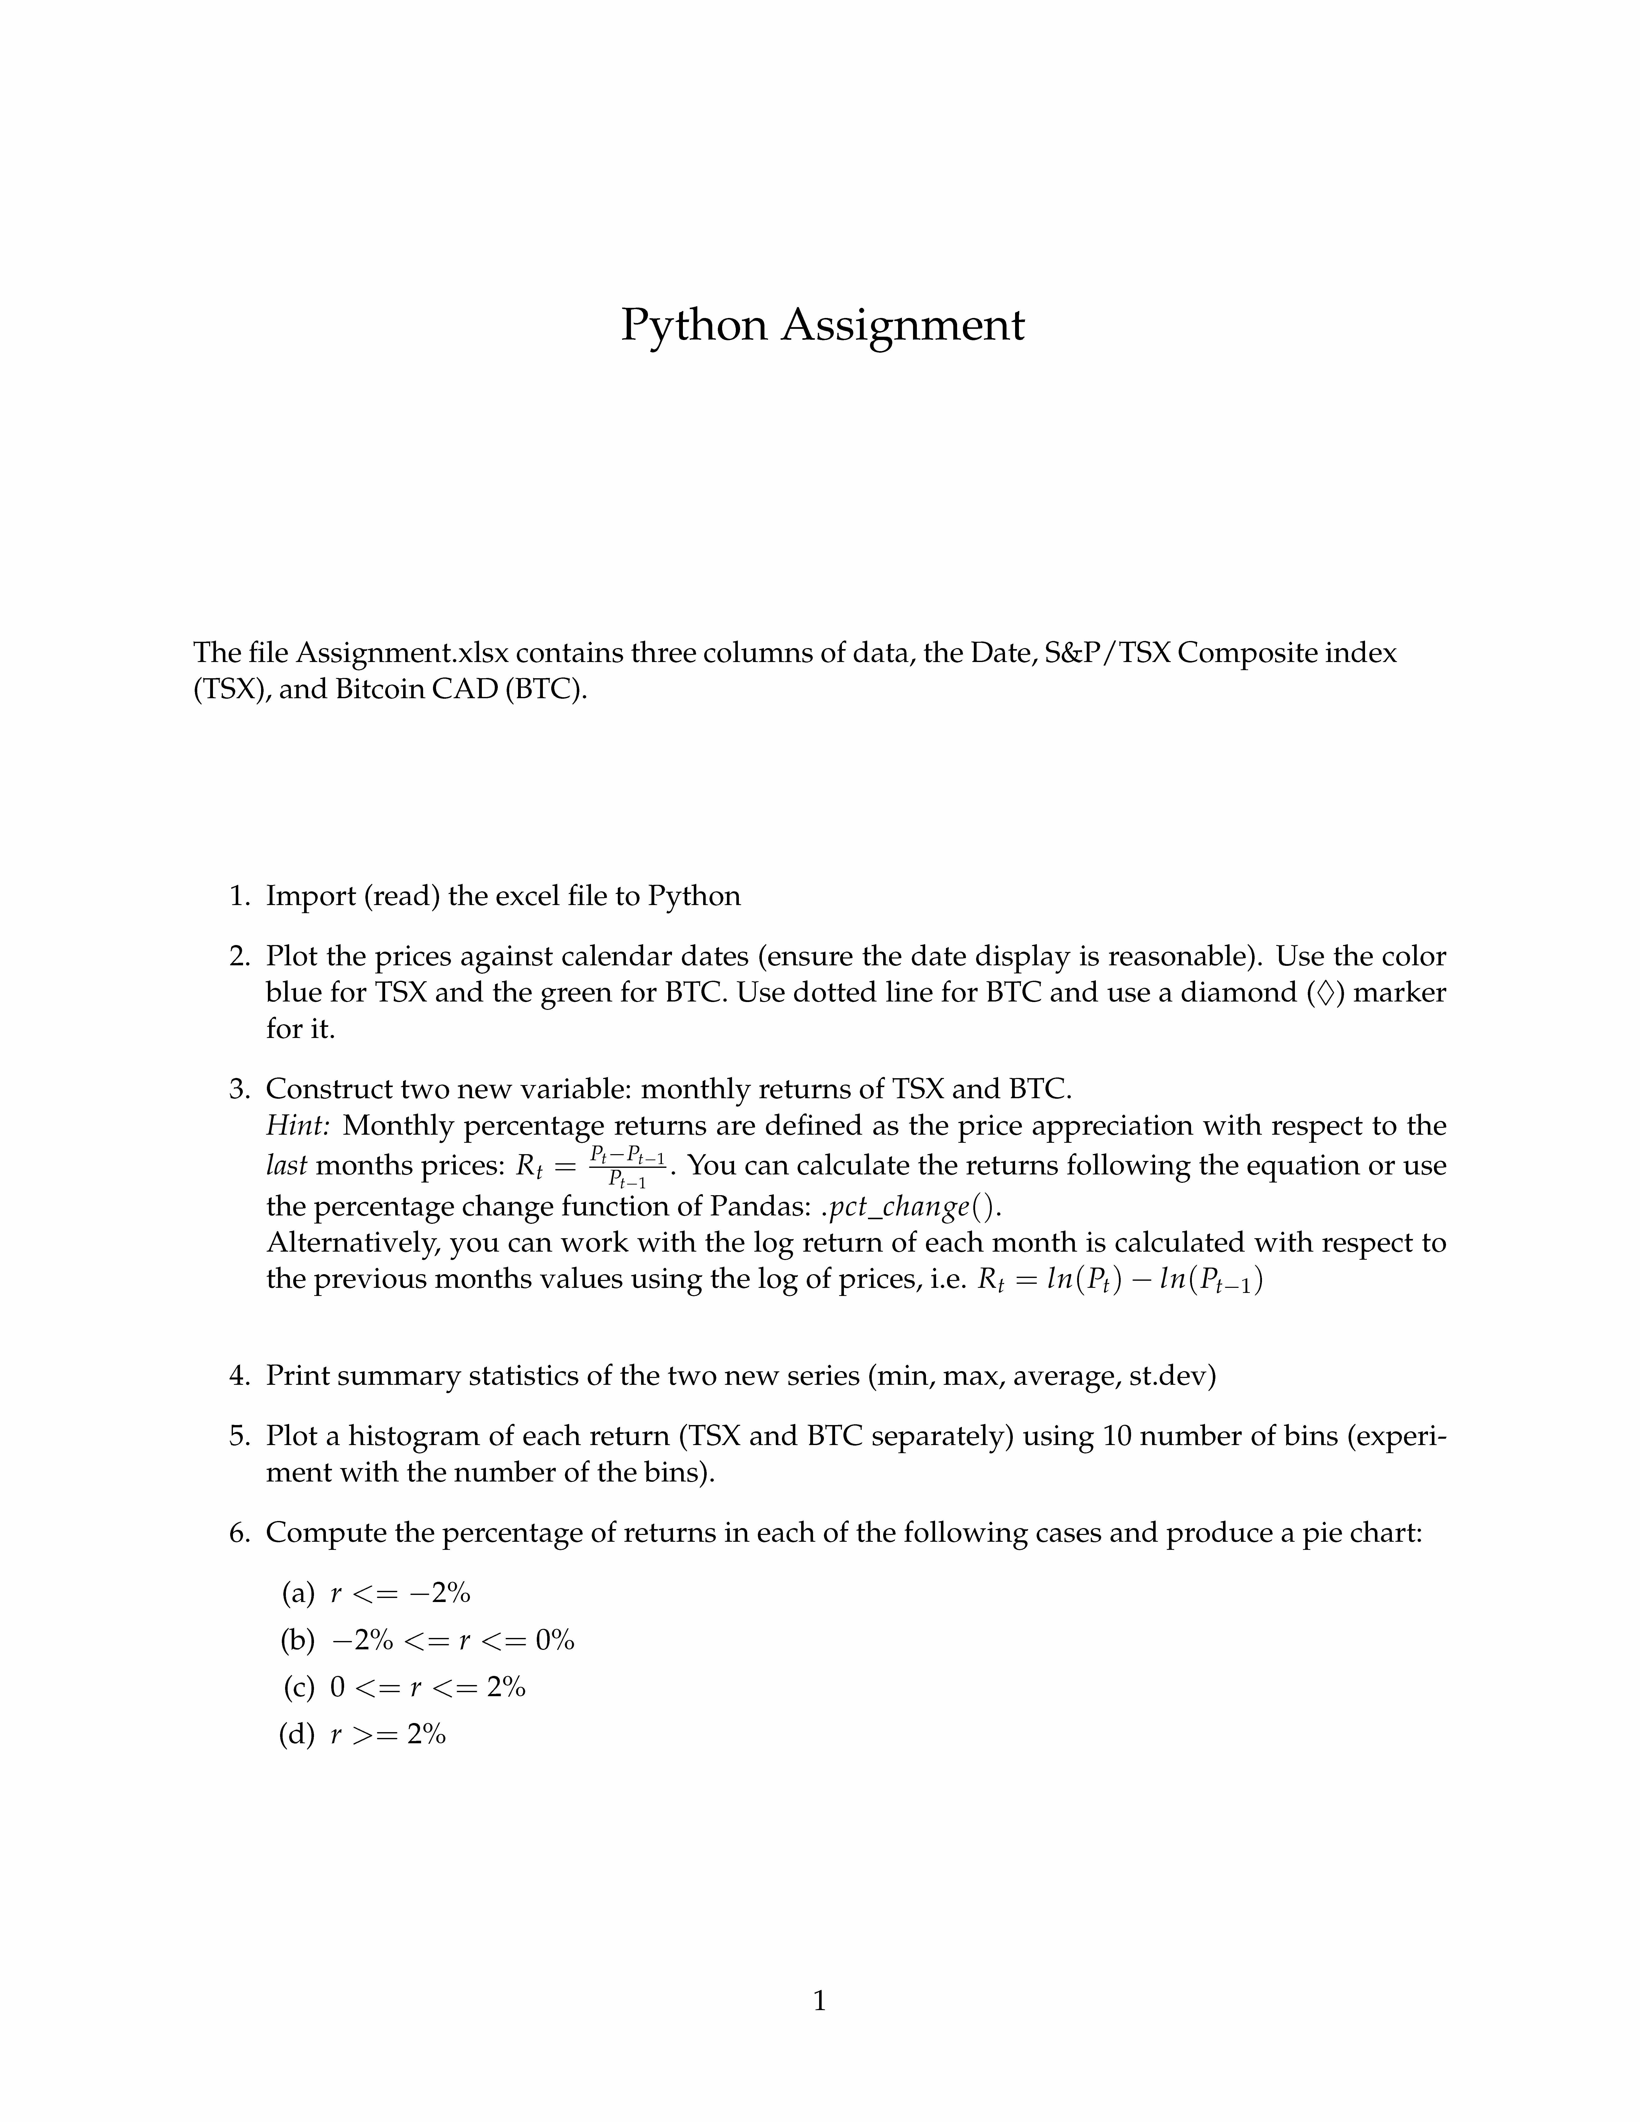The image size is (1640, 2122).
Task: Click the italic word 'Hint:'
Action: coord(298,1126)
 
